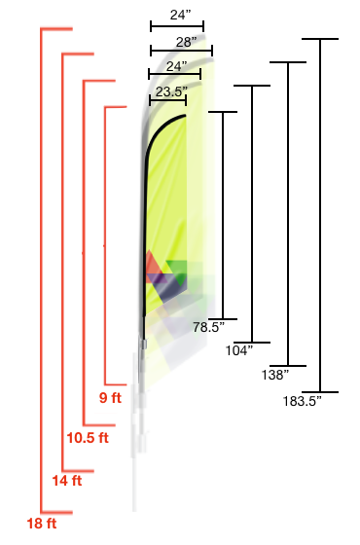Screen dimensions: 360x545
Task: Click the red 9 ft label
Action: [110, 397]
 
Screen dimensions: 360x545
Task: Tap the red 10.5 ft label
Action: [88, 438]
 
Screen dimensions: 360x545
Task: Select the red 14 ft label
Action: [67, 481]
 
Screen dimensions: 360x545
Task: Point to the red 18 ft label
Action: [42, 524]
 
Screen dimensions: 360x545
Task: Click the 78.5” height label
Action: [209, 327]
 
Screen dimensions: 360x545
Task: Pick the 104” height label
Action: [239, 350]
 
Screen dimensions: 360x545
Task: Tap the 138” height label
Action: [275, 375]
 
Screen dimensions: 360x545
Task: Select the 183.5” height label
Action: [302, 401]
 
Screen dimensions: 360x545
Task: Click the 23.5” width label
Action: [171, 91]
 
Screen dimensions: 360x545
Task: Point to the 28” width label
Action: [186, 42]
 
